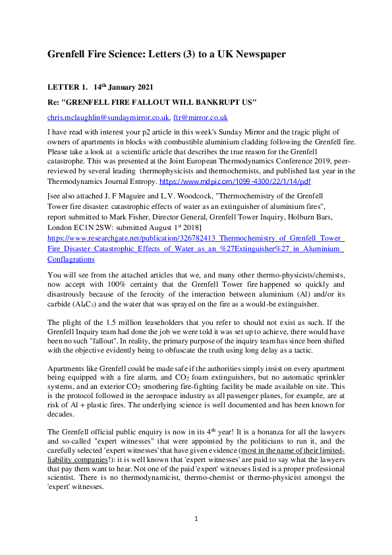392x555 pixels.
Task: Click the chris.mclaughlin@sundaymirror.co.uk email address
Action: coord(108,117)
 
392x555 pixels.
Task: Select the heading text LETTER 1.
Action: coord(67,88)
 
